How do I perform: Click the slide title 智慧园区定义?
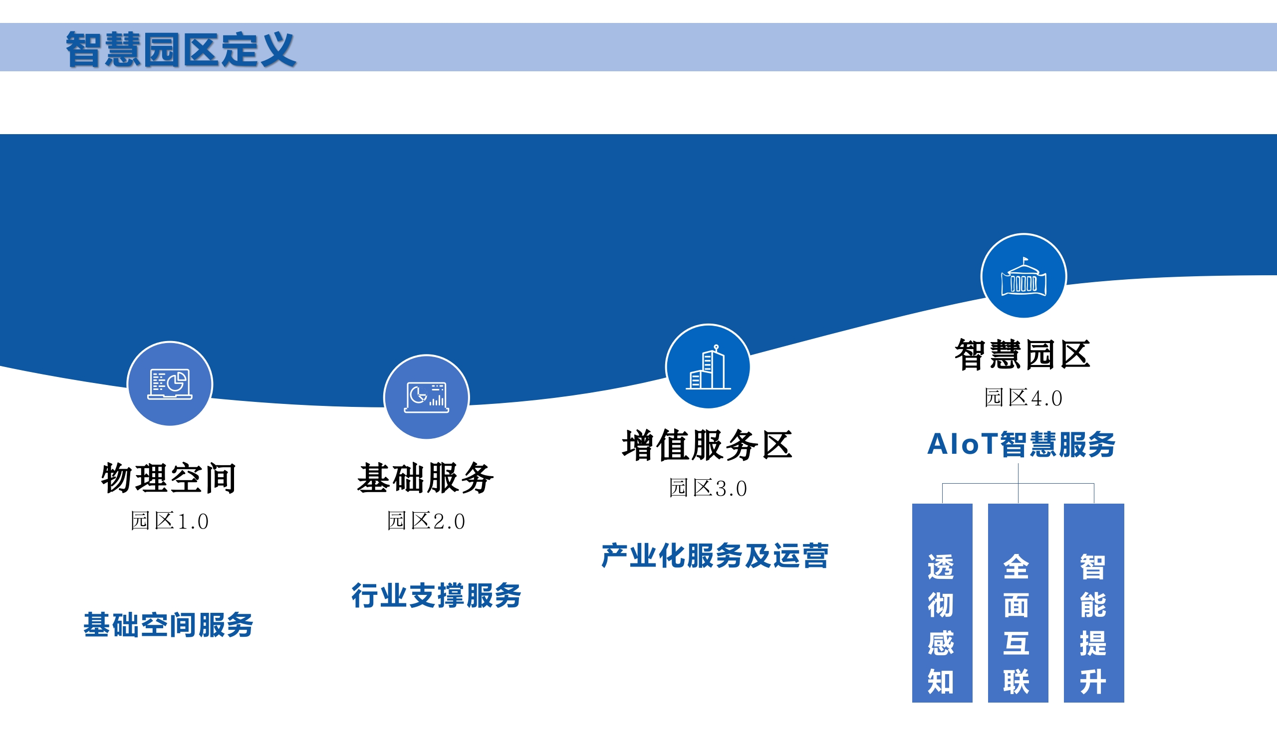[180, 49]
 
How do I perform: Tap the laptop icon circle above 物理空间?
[170, 383]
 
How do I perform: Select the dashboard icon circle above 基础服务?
[426, 397]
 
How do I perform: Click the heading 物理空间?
[169, 478]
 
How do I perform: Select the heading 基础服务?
[425, 478]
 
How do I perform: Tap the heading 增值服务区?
[707, 445]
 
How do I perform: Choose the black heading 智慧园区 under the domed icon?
[1022, 355]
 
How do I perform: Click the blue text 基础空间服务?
[168, 625]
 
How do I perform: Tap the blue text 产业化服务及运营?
[715, 556]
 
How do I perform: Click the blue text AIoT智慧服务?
[1022, 445]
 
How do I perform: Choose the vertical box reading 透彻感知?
[942, 603]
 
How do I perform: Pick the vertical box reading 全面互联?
[1018, 603]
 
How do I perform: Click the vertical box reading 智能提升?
[1094, 603]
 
